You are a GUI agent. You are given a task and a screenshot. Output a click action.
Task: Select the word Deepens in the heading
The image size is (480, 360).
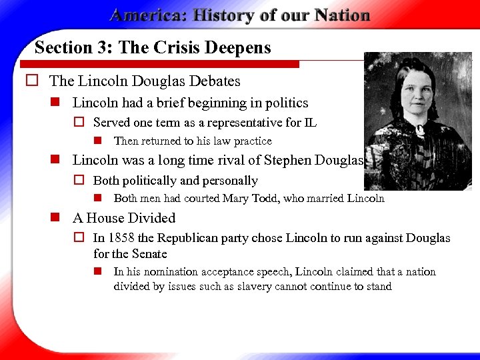[240, 48]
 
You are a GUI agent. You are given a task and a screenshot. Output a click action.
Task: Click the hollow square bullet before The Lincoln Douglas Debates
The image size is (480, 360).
[30, 81]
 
